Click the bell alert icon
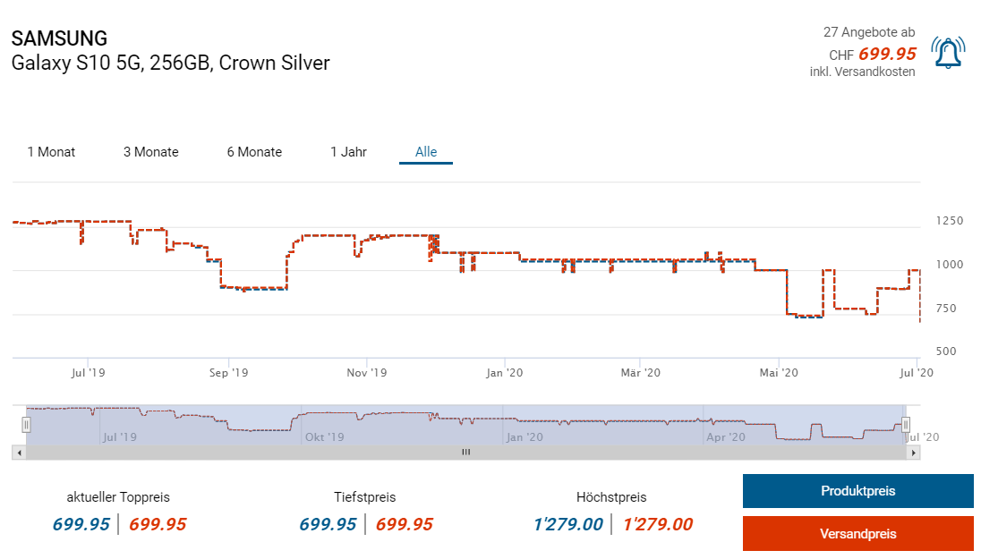point(948,53)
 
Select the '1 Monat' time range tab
point(51,152)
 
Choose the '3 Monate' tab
point(151,152)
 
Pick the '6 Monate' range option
point(254,152)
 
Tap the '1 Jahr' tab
point(348,152)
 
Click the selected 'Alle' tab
point(426,152)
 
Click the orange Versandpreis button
point(857,534)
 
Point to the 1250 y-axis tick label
point(950,221)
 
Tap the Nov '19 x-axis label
point(365,372)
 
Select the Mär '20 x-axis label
point(640,372)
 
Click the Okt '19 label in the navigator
point(324,437)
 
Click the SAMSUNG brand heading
point(59,38)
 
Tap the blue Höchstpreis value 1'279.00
point(567,525)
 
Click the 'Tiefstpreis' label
point(364,497)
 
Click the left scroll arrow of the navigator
point(17,453)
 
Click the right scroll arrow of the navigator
point(914,453)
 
